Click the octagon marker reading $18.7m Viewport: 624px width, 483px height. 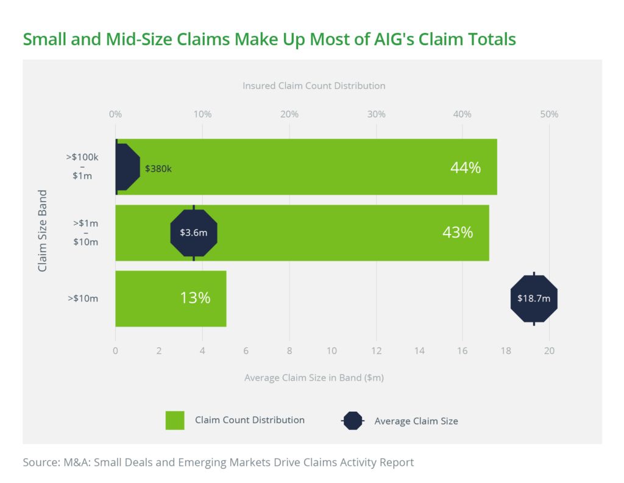(x=534, y=298)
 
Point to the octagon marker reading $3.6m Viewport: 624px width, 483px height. (x=194, y=233)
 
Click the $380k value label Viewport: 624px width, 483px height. (x=158, y=169)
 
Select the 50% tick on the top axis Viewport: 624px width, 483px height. (x=549, y=114)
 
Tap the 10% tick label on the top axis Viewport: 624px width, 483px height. (x=202, y=114)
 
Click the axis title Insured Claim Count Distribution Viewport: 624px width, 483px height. (x=314, y=86)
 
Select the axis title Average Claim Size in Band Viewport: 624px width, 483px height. (x=314, y=378)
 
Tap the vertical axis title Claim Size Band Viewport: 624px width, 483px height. (x=43, y=231)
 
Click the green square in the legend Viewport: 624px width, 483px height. (x=175, y=420)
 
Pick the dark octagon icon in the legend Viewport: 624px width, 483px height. (x=352, y=421)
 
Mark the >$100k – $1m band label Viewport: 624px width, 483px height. (x=83, y=167)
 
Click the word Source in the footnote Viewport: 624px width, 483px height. (x=41, y=462)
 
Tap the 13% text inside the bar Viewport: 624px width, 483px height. (x=195, y=298)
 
